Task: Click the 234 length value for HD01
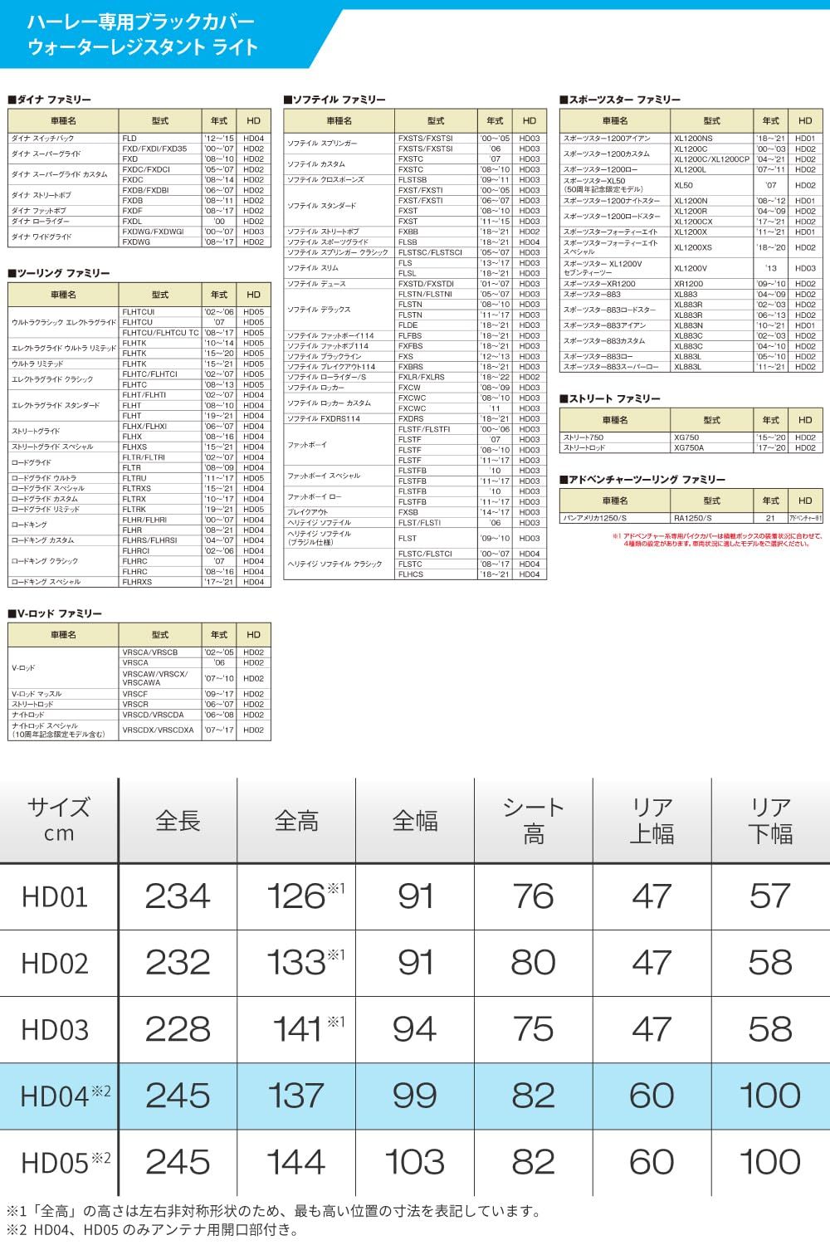(178, 896)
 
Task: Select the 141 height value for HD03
(297, 1029)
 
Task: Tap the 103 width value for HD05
(415, 1162)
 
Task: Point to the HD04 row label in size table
(55, 1096)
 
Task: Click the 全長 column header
(178, 821)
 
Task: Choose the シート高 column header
(533, 821)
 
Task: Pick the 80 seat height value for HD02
(533, 963)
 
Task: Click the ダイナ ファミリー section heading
(50, 100)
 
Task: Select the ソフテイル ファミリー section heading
(334, 100)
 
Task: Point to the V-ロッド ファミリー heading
(56, 613)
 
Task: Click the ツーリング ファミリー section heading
(59, 273)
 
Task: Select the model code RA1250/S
(692, 518)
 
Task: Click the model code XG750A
(689, 447)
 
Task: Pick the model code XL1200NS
(693, 139)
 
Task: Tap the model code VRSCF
(135, 694)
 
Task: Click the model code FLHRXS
(137, 582)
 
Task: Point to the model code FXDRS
(411, 419)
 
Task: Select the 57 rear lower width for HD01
(769, 896)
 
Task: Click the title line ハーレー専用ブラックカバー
(140, 22)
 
